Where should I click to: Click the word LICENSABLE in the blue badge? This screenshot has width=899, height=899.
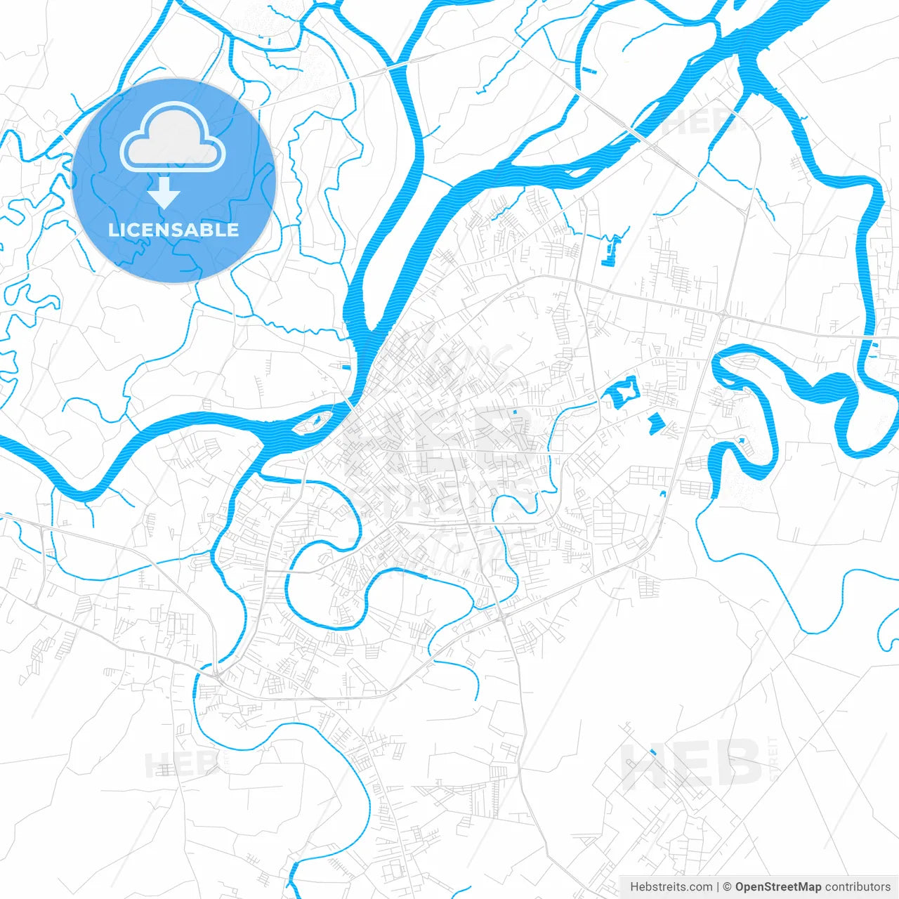point(173,230)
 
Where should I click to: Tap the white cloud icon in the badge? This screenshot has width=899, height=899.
point(173,138)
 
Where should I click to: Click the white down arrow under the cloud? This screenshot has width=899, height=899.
point(164,192)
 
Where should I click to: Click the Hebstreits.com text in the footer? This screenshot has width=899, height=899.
point(671,886)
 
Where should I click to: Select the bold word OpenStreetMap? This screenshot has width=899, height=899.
point(777,886)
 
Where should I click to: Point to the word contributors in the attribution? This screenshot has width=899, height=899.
point(857,886)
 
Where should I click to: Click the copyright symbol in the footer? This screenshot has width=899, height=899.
point(728,886)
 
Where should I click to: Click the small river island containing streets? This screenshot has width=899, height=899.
point(313,422)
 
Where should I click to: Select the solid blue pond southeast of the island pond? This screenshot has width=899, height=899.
point(656,422)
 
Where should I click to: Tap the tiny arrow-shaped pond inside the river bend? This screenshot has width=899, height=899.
point(740,440)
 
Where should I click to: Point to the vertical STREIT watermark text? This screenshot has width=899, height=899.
point(774,759)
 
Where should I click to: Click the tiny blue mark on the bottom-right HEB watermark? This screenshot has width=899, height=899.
point(652,752)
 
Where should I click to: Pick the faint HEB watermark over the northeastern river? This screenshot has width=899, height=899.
point(695,121)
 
